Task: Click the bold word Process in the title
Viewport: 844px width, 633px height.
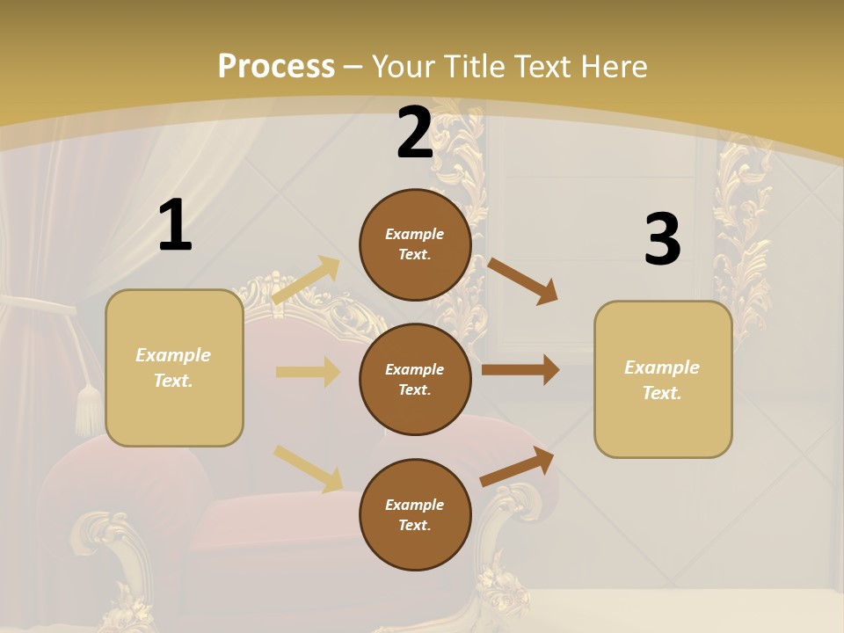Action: click(276, 67)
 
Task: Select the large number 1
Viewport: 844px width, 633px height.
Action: click(175, 226)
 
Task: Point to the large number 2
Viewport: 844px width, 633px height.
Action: click(415, 133)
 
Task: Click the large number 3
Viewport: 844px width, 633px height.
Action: click(662, 239)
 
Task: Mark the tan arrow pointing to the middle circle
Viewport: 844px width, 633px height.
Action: click(308, 372)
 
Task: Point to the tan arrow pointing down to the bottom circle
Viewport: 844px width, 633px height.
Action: click(308, 468)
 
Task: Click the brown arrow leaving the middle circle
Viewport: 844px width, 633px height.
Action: click(520, 370)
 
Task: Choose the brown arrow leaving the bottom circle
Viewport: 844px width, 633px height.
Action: click(518, 466)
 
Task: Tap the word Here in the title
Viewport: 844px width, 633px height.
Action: click(615, 67)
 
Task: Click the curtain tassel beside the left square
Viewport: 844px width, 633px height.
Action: click(88, 409)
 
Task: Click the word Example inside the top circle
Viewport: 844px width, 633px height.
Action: click(415, 234)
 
